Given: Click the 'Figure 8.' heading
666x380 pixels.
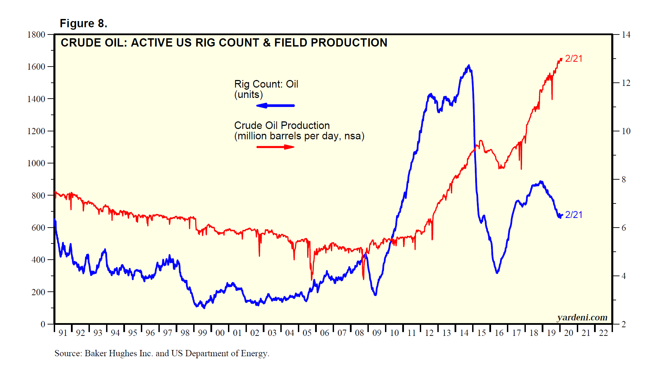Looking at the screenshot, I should click(83, 23).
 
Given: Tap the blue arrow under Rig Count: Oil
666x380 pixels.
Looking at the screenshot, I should click(275, 106).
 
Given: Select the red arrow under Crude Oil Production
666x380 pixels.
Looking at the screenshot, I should click(275, 147).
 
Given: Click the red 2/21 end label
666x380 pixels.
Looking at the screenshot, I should click(573, 59).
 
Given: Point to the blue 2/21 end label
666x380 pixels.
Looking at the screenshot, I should click(573, 214).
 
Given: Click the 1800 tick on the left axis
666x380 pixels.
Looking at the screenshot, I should click(36, 34).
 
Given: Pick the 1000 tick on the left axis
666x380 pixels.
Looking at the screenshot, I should click(36, 163).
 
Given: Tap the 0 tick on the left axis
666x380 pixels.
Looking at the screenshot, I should click(43, 324).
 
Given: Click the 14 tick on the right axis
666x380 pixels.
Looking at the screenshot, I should click(626, 34).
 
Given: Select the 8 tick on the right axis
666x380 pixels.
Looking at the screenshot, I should click(624, 179).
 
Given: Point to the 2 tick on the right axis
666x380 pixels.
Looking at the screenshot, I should click(624, 324).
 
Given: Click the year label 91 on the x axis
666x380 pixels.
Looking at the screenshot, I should click(63, 333).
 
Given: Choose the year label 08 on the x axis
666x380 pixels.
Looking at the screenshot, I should click(360, 333).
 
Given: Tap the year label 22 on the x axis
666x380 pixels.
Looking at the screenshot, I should click(603, 333).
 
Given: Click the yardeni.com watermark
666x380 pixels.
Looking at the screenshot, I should click(582, 317).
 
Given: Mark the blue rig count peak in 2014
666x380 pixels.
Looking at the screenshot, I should click(469, 66).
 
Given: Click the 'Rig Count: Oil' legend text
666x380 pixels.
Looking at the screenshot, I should click(266, 84).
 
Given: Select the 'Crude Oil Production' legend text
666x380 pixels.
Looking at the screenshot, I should click(282, 126).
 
